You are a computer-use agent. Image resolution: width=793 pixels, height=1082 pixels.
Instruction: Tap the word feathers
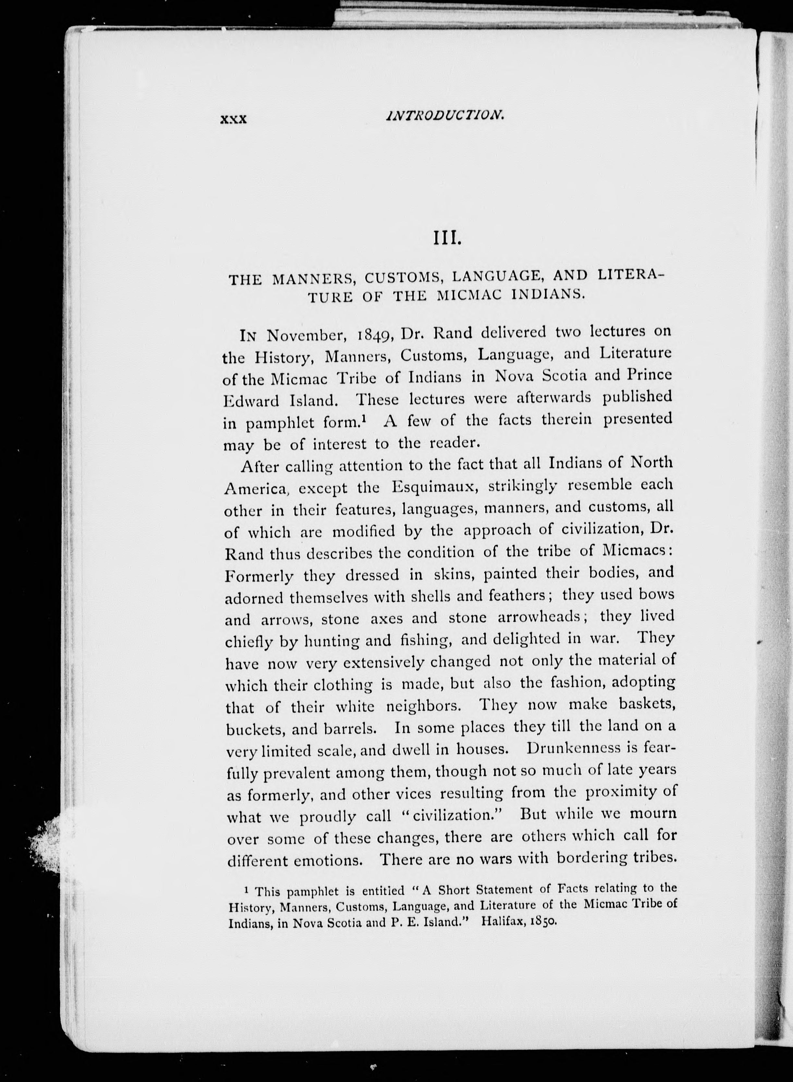click(517, 595)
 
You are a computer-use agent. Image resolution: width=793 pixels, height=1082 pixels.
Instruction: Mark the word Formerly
click(259, 575)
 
